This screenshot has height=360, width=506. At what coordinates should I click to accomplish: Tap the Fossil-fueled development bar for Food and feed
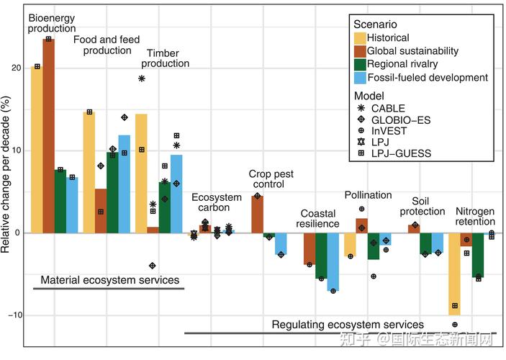pyautogui.click(x=125, y=184)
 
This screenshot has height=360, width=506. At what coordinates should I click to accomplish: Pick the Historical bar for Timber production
pyautogui.click(x=141, y=173)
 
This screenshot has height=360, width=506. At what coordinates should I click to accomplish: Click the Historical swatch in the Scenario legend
pyautogui.click(x=361, y=38)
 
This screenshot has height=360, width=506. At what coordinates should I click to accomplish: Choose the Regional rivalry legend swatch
pyautogui.click(x=361, y=64)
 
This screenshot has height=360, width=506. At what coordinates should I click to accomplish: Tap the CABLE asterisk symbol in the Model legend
pyautogui.click(x=361, y=109)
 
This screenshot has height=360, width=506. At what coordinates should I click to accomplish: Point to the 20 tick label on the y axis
pyautogui.click(x=17, y=68)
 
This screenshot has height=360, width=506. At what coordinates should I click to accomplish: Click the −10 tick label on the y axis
pyautogui.click(x=14, y=315)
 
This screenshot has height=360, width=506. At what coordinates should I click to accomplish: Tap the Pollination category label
pyautogui.click(x=368, y=195)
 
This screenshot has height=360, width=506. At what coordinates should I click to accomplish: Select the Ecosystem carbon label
pyautogui.click(x=216, y=204)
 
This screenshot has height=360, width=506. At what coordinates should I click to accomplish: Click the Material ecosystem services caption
pyautogui.click(x=109, y=279)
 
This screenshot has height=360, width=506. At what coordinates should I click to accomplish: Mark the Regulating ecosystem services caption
pyautogui.click(x=348, y=325)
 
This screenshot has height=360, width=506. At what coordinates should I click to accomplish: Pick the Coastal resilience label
pyautogui.click(x=319, y=218)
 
